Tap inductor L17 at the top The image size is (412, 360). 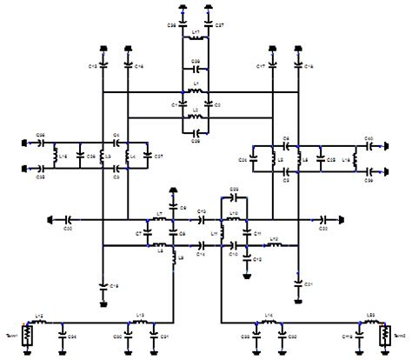pos(196,43)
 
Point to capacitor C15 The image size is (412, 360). pos(103,64)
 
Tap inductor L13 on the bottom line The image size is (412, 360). pos(141,322)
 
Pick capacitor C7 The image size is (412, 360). pos(147,233)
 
